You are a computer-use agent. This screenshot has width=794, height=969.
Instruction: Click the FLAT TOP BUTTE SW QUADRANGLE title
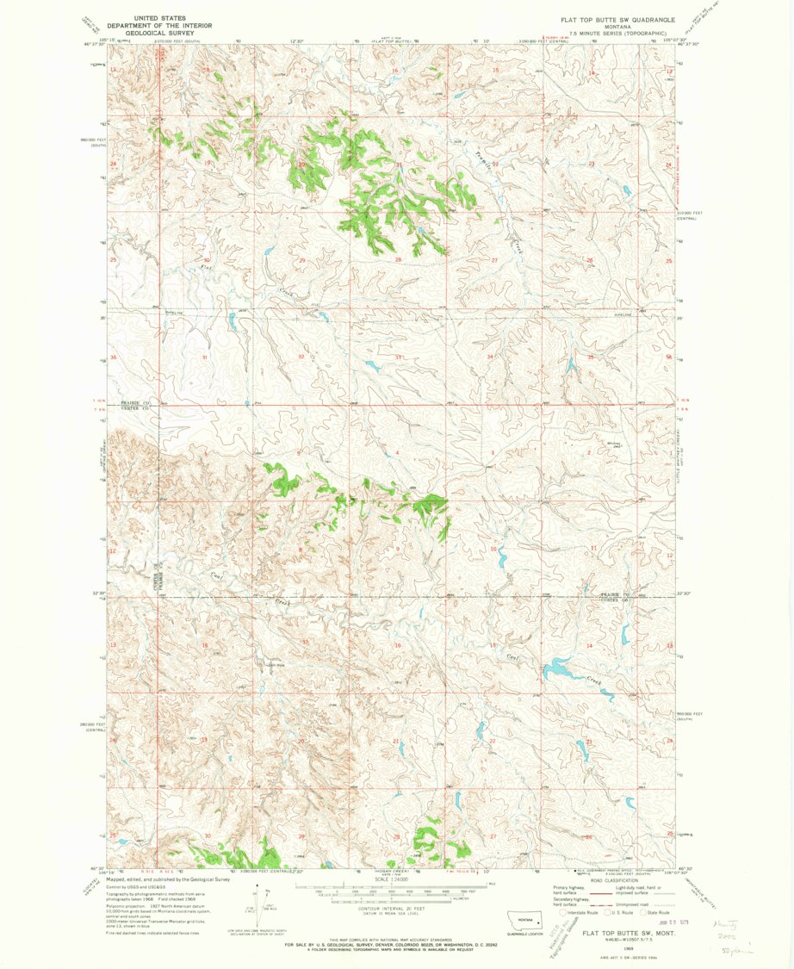click(617, 18)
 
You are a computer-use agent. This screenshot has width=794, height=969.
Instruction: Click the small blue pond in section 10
click(501, 559)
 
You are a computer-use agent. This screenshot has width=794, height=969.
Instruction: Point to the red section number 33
click(398, 357)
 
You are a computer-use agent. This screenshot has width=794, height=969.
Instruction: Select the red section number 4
click(397, 453)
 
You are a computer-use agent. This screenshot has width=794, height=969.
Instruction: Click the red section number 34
click(491, 357)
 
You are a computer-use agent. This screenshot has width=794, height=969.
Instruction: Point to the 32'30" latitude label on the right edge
click(686, 593)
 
